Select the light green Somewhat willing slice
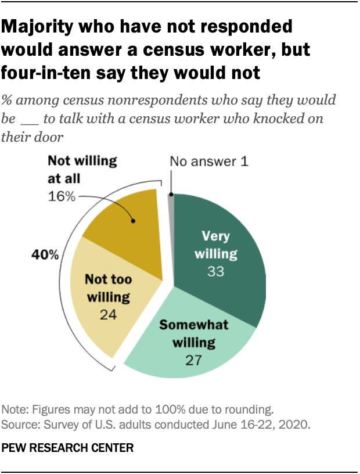click(192, 349)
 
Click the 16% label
click(62, 196)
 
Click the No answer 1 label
click(209, 162)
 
